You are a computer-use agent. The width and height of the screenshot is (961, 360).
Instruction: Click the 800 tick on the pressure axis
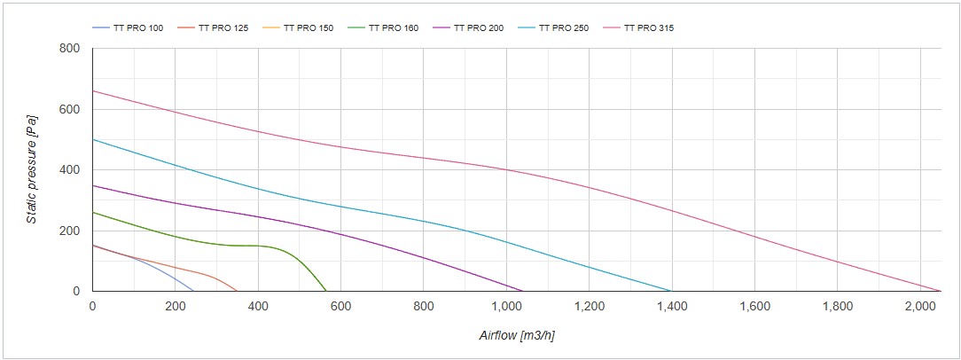(69, 49)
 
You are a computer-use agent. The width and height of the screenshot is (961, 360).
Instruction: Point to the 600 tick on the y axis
(69, 110)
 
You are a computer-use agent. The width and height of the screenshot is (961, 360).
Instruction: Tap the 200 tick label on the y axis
(69, 231)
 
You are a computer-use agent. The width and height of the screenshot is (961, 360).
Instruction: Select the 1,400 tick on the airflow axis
(672, 307)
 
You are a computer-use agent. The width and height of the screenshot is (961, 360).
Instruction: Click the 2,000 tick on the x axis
(920, 307)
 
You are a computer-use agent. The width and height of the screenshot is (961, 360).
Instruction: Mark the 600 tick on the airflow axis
(341, 307)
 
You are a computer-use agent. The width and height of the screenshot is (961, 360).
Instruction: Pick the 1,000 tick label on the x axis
(506, 307)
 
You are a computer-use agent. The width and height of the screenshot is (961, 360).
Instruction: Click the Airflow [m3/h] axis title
(517, 335)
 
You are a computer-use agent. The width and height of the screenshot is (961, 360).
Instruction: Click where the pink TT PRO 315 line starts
(93, 90)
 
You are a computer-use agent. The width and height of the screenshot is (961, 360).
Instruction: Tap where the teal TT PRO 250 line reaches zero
(671, 291)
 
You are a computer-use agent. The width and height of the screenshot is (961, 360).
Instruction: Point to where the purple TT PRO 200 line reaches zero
(523, 291)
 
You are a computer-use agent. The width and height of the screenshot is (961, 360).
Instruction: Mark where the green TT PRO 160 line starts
(93, 212)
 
